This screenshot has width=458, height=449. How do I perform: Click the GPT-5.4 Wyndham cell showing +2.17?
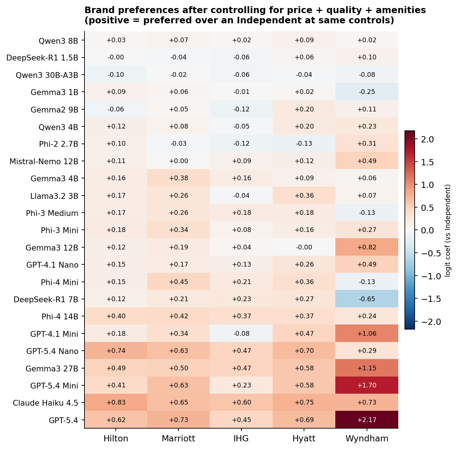point(367,420)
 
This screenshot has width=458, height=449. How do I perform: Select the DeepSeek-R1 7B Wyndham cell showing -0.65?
point(367,299)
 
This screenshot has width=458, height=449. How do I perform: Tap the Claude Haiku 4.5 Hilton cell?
point(116,402)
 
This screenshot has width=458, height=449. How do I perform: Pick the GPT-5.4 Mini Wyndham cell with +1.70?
point(367,385)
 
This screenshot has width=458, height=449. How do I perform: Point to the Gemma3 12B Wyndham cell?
point(367,247)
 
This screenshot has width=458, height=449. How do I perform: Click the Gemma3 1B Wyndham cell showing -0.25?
point(367,92)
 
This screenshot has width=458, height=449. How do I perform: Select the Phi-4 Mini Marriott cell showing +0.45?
point(178,282)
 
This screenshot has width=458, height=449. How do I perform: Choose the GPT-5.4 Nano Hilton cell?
point(116,351)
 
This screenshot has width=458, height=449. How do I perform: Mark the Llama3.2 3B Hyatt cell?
point(304,196)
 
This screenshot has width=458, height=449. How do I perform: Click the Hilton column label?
point(116,438)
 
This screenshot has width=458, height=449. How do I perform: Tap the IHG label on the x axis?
point(241,438)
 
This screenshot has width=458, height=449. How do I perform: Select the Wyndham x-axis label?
point(367,438)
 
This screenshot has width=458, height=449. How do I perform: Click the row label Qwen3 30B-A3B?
point(47,75)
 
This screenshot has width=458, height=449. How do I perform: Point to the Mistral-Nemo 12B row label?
point(44,161)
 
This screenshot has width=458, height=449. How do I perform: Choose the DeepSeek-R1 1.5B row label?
point(42,58)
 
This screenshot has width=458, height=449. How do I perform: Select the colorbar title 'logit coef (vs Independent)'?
point(448,230)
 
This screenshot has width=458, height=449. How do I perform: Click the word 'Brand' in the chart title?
point(98,10)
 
